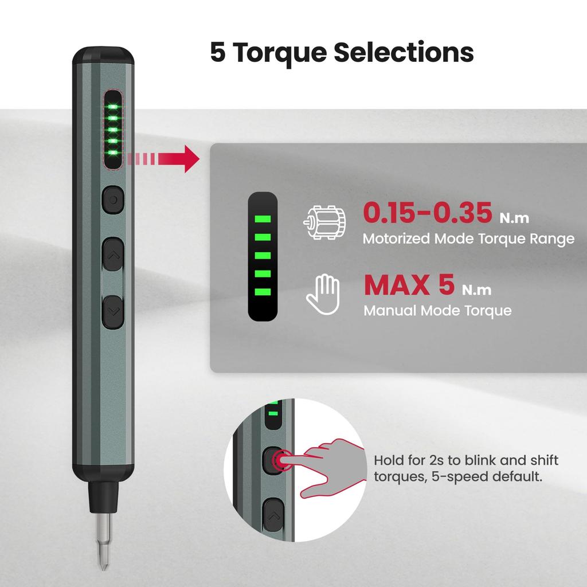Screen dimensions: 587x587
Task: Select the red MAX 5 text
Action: [409, 284]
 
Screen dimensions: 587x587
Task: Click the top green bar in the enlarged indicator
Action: [263, 220]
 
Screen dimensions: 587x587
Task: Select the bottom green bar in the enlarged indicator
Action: [263, 292]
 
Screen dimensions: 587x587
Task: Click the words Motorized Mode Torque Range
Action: [468, 239]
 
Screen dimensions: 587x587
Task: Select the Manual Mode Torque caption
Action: [437, 311]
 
